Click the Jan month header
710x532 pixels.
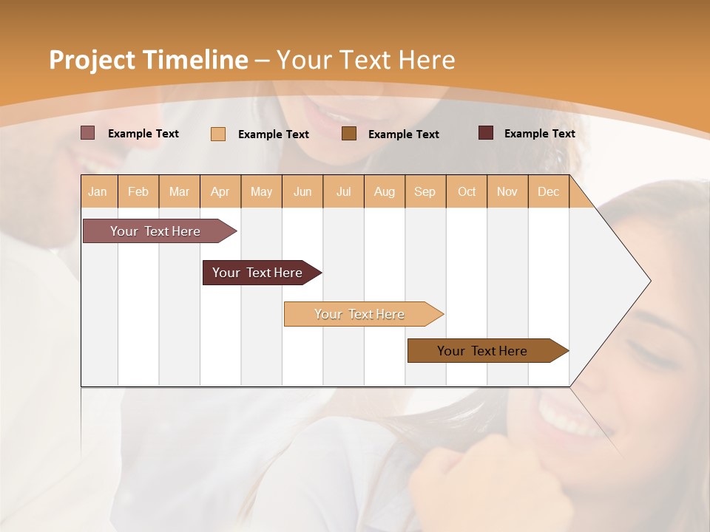click(x=98, y=191)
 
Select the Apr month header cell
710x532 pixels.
click(x=220, y=191)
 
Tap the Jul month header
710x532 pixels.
click(x=343, y=191)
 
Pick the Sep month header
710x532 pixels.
click(x=425, y=191)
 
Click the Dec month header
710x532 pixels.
click(x=548, y=191)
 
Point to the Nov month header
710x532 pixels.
click(x=507, y=191)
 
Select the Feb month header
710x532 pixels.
click(x=138, y=191)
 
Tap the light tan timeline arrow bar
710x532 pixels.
click(x=360, y=314)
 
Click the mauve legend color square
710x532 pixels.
click(x=88, y=133)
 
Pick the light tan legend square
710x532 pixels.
click(x=218, y=134)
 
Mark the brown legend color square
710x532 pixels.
click(x=349, y=133)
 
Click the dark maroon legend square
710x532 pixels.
click(x=486, y=133)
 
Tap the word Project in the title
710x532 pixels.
click(x=92, y=60)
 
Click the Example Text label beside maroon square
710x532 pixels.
click(x=539, y=134)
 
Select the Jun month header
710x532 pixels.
click(x=302, y=191)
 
